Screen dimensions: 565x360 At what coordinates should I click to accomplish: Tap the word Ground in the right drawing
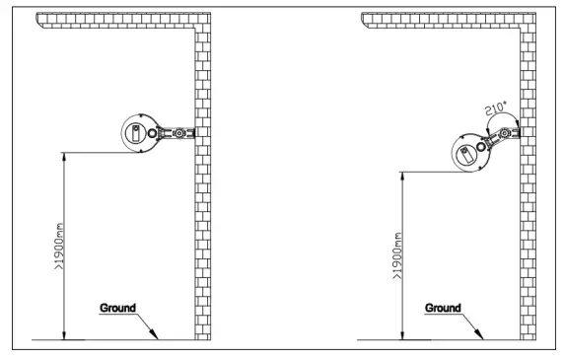(443, 307)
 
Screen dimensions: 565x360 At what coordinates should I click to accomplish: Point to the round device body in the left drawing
(144, 133)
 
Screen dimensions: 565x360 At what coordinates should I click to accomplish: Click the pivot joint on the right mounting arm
(506, 131)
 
